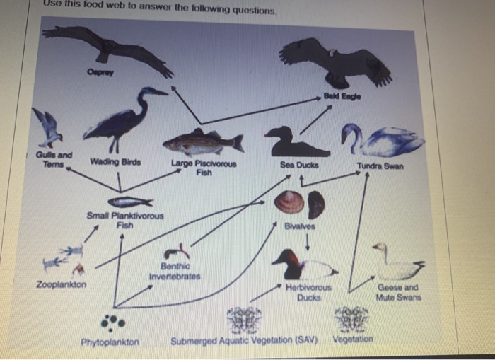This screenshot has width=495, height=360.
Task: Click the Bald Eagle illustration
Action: pos(335,62)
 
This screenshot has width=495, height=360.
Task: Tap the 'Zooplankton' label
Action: pos(61,284)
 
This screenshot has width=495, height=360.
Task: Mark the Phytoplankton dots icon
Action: pos(112,323)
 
